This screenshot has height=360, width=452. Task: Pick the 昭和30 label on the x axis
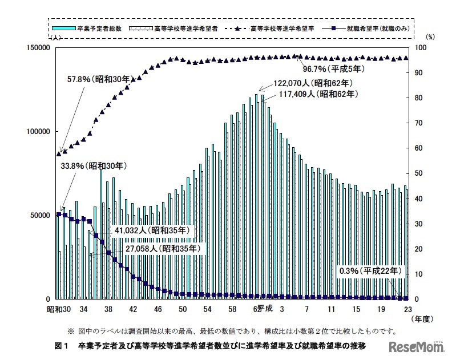pos(58,309)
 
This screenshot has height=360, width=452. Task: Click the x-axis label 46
pos(158,309)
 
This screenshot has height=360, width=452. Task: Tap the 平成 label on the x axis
pos(264,309)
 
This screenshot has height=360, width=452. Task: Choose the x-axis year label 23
pos(408,309)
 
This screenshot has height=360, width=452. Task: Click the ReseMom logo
pos(411,346)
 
